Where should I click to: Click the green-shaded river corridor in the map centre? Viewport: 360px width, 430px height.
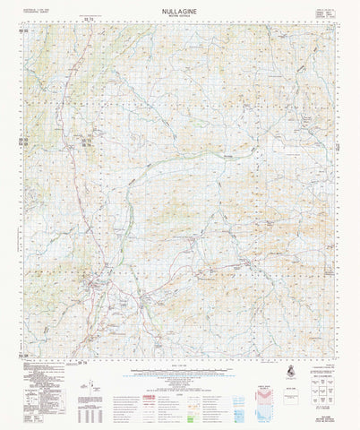pos(134,206)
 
